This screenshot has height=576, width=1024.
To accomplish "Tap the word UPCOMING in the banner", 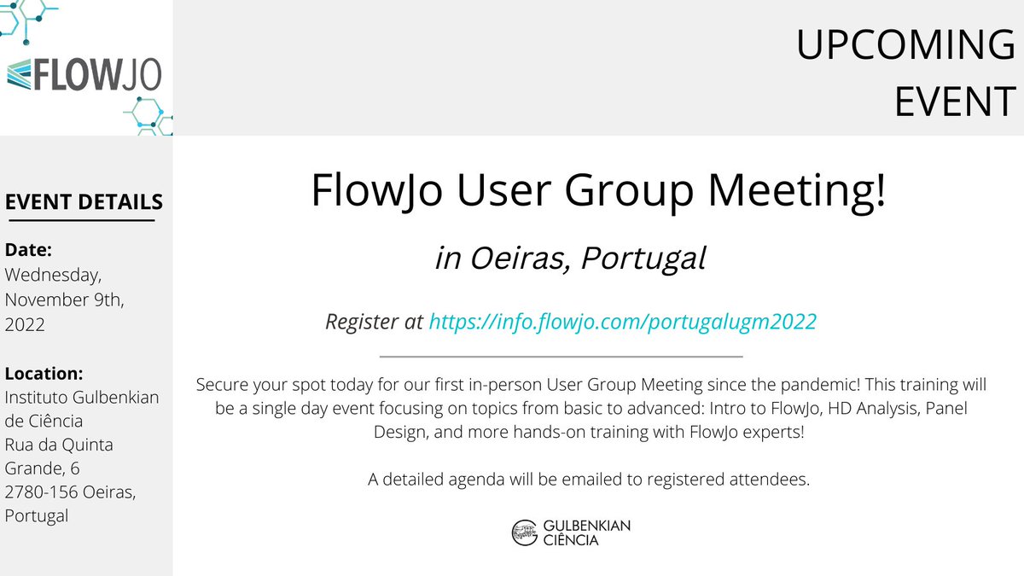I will [x=905, y=45].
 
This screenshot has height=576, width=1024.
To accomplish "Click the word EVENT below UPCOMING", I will [x=954, y=101].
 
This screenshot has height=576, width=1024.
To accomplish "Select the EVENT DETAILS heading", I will [x=84, y=202].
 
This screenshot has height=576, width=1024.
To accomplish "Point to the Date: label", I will [x=29, y=250].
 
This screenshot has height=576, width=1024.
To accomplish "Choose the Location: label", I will [x=44, y=373].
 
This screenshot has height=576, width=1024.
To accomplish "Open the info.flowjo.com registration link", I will [x=622, y=322].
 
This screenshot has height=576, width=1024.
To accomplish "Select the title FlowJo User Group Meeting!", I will [x=598, y=190].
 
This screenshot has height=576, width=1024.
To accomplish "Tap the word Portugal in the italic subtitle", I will [x=643, y=259].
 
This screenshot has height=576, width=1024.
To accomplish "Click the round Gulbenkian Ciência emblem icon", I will [x=523, y=532].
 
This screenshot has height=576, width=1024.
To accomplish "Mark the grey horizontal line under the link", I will [x=560, y=356].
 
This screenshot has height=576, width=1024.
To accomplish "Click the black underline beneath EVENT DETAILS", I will [x=79, y=221].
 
